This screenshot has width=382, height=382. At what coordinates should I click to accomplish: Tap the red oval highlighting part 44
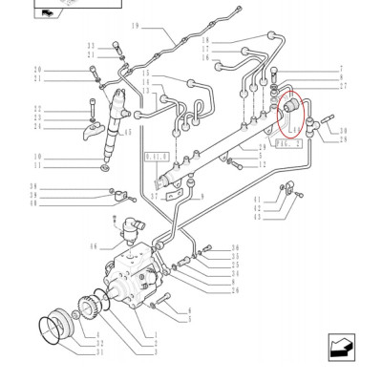tap(289, 116)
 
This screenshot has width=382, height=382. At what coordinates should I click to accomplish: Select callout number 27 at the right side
tap(341, 86)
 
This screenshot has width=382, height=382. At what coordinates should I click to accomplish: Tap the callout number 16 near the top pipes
tap(204, 57)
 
